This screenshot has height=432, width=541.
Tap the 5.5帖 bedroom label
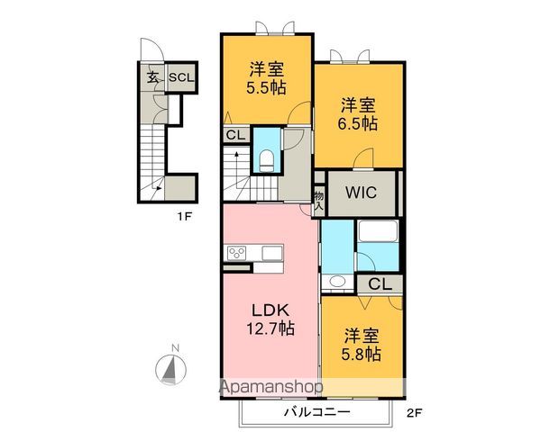coord(267,79)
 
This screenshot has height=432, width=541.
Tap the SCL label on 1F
coord(180,78)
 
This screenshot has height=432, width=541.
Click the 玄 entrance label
coord(153,78)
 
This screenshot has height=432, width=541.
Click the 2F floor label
coord(414,413)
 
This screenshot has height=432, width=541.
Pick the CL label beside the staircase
coord(234,135)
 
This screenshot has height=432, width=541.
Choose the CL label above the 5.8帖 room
coord(380,284)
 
